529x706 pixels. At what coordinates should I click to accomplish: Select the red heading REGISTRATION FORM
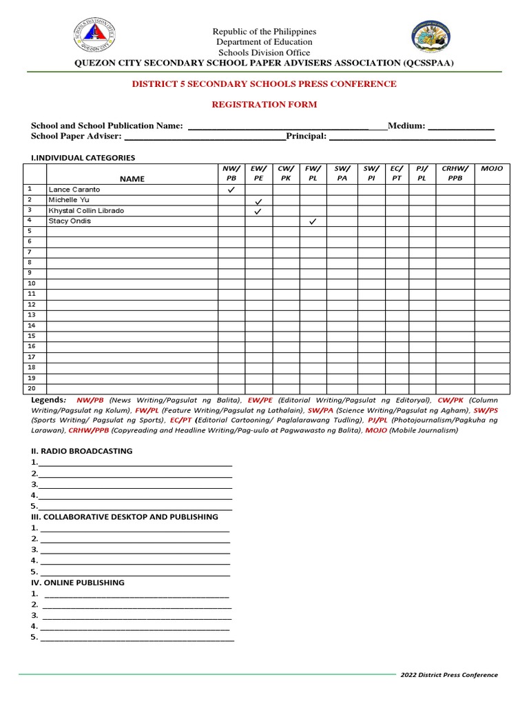[264, 104]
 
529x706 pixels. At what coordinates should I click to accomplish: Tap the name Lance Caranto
[74, 190]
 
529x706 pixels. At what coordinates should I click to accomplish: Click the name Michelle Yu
[68, 200]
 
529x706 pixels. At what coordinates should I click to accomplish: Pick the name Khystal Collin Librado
[86, 210]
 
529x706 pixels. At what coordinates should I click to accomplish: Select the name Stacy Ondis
[70, 221]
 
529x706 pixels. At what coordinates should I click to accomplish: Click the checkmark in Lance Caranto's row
[231, 190]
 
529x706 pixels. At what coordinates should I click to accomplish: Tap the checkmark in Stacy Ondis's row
[313, 221]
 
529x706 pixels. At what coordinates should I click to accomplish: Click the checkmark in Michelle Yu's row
[258, 201]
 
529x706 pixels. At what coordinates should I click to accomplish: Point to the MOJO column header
[492, 169]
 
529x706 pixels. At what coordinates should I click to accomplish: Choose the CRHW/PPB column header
[455, 173]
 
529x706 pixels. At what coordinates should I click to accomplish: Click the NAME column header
[132, 179]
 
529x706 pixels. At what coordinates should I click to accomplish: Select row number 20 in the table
[32, 388]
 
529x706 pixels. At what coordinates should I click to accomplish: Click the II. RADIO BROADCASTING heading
[81, 451]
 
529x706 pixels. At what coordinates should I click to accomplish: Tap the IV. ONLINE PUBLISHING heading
[77, 583]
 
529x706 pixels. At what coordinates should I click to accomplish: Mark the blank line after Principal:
[412, 137]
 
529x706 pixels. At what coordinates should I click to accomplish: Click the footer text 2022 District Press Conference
[449, 675]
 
